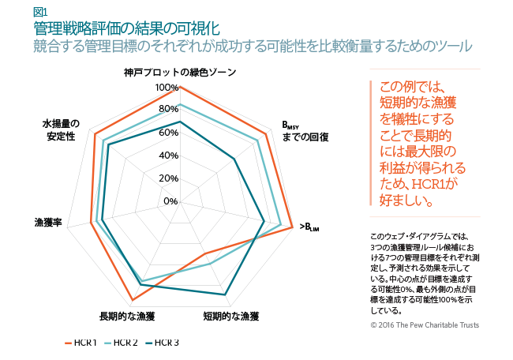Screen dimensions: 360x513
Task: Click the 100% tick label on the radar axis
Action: (x=167, y=87)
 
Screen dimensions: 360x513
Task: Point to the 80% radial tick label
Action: (x=168, y=109)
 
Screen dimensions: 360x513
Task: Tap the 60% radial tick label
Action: (x=168, y=132)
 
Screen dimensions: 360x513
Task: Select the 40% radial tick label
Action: (x=168, y=155)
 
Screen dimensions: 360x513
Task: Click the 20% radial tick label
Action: (x=168, y=178)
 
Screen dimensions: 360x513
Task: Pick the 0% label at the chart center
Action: (x=170, y=201)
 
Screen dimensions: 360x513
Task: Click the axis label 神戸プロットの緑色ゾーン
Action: (x=179, y=72)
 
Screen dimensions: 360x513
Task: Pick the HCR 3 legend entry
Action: (x=163, y=343)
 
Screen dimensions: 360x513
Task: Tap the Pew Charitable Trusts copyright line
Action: (x=424, y=324)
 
